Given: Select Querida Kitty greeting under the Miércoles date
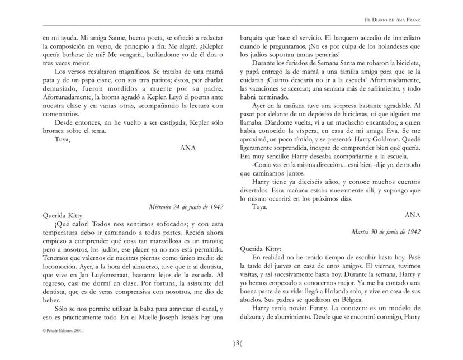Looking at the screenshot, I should pos(63,215).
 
